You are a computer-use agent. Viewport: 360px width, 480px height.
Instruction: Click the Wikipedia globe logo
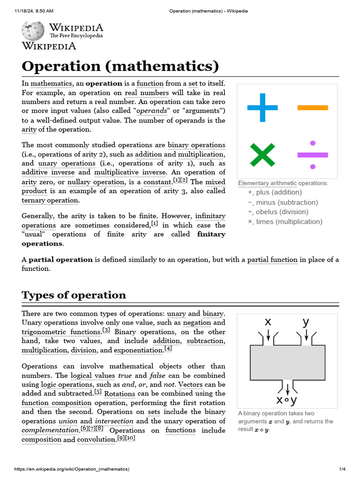[33, 30]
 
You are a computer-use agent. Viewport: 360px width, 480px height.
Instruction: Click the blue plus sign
[262, 108]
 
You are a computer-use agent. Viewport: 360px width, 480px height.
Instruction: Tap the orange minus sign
[313, 108]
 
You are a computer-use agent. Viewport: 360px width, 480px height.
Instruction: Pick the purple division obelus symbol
[313, 155]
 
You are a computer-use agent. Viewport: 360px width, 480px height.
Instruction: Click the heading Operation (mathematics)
[120, 66]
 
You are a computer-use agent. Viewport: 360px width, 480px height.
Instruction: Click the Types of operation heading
[74, 295]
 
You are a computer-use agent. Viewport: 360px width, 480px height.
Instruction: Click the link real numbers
[147, 93]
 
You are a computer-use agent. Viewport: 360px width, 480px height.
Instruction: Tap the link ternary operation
[50, 200]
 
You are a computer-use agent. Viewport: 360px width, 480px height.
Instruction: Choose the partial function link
[272, 259]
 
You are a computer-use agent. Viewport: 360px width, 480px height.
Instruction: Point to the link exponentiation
[138, 350]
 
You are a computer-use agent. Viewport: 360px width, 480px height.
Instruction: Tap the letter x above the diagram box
[268, 322]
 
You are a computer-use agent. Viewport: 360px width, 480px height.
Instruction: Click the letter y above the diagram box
[306, 322]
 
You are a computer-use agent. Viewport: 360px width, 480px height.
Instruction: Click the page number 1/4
[342, 469]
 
